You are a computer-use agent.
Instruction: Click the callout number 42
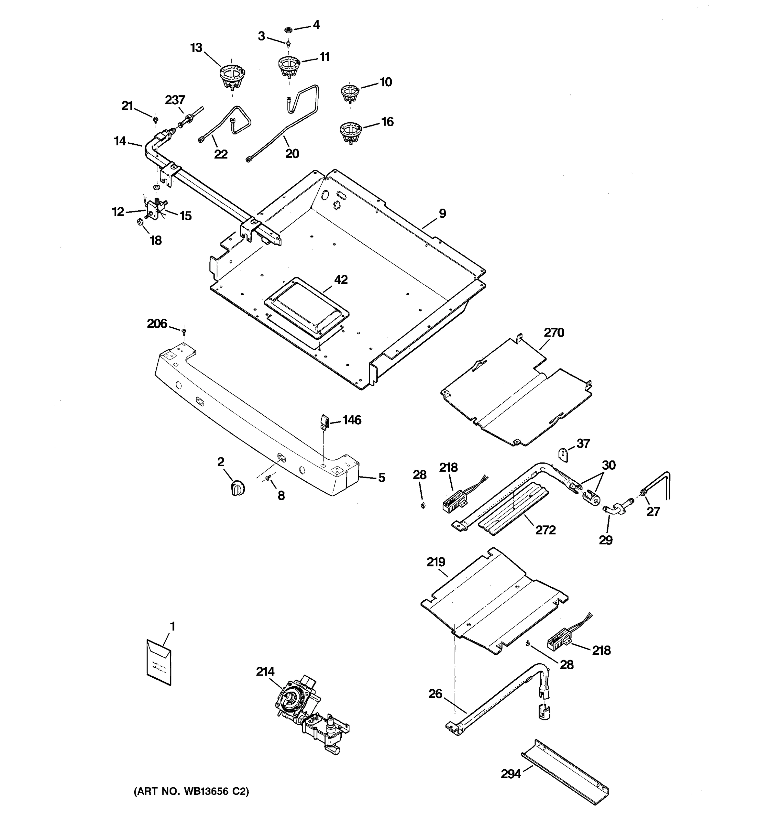(x=341, y=279)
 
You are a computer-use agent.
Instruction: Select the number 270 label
(x=553, y=333)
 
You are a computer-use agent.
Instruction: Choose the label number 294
(x=511, y=774)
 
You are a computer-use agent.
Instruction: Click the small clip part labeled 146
(x=324, y=422)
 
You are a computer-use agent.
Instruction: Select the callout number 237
(x=175, y=100)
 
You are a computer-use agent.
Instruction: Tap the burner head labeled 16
(x=351, y=132)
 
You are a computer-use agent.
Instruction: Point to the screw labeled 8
(x=268, y=478)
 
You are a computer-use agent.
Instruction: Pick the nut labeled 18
(x=140, y=223)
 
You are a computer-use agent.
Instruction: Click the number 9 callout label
(x=442, y=213)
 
